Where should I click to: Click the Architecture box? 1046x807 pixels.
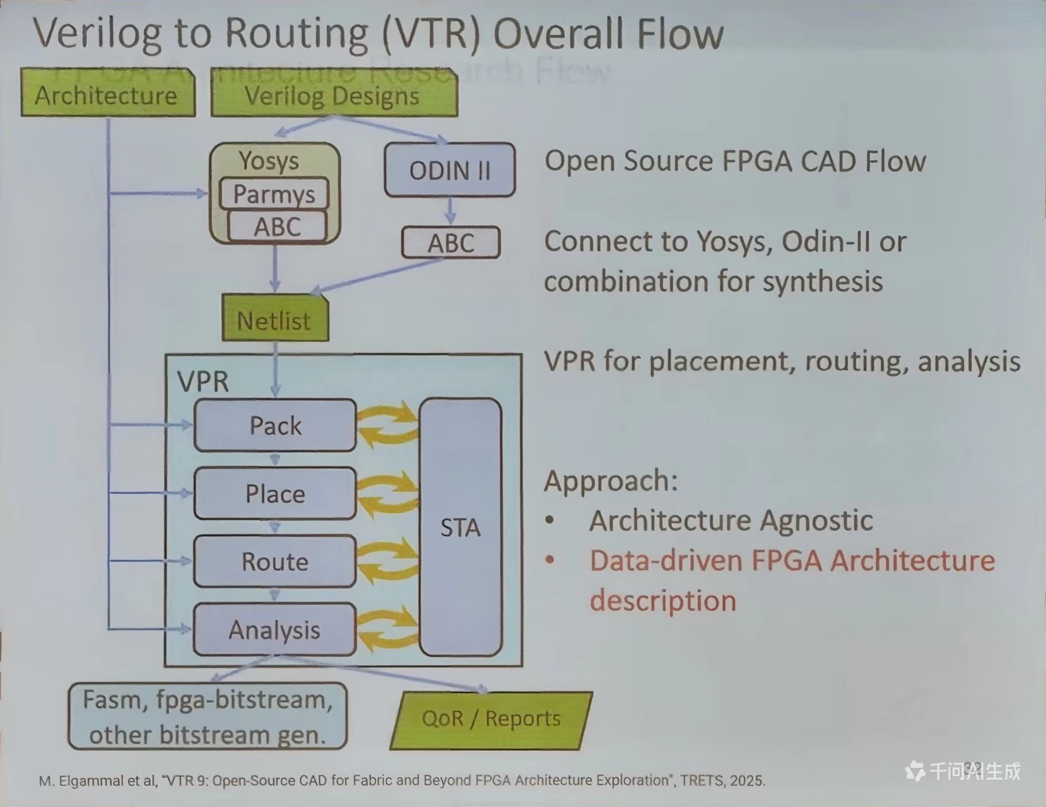(x=108, y=95)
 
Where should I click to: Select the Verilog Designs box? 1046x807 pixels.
(x=333, y=96)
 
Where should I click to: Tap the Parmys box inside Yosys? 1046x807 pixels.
(x=274, y=194)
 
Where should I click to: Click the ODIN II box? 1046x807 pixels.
(x=450, y=170)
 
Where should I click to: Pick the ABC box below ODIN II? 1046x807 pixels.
(x=450, y=243)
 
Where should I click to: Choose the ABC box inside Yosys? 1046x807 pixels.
(x=277, y=227)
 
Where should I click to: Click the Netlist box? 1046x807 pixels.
(x=275, y=321)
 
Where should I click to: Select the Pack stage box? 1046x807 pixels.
(x=275, y=425)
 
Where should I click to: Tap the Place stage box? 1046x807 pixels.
(x=275, y=493)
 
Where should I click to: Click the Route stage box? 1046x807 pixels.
(x=275, y=562)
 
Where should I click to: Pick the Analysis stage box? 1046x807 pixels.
(x=275, y=630)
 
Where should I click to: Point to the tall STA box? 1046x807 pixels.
(x=461, y=527)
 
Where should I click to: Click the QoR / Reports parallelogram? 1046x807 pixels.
(x=491, y=719)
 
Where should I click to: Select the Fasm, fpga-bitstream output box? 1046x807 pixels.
(x=208, y=717)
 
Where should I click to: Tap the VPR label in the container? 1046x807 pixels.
(x=203, y=382)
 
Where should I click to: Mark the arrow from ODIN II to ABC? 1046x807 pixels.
(x=450, y=211)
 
